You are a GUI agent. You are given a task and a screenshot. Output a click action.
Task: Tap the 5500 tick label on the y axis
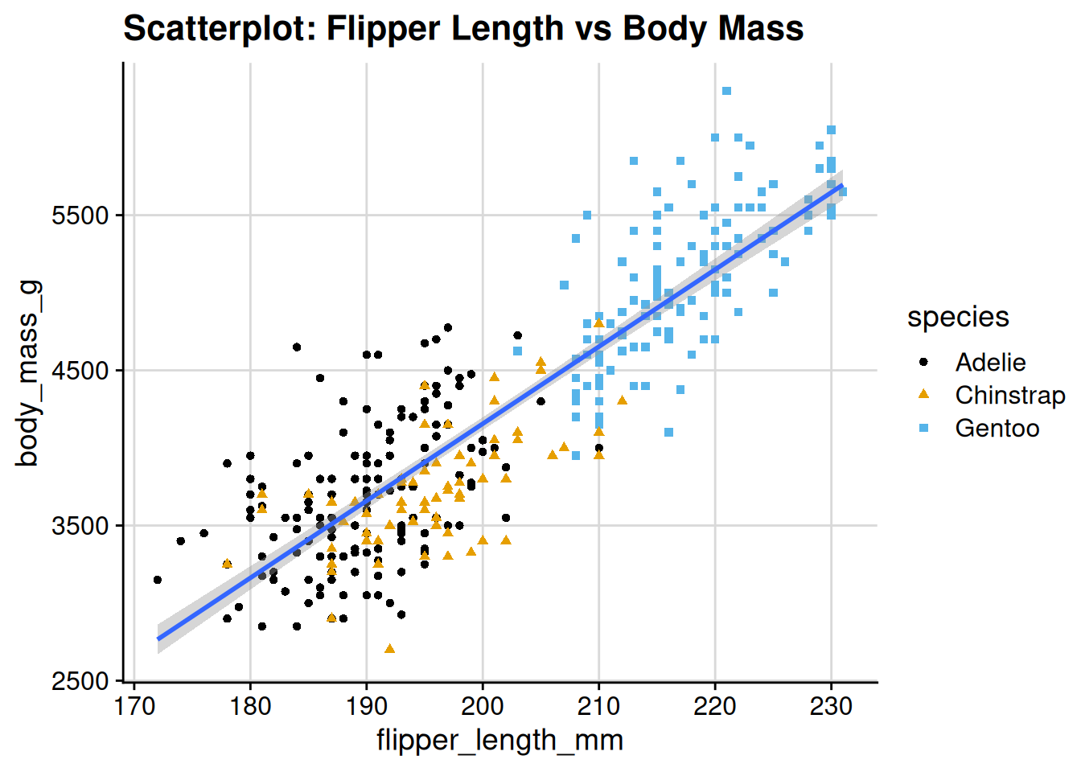[x=80, y=216]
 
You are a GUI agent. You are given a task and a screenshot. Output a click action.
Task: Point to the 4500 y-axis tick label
[x=80, y=372]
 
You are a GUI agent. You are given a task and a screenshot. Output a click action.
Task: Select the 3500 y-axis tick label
[x=80, y=527]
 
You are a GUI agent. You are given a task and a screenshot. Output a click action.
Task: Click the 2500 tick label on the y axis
[x=80, y=682]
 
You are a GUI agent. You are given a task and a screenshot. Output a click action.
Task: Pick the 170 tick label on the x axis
[x=134, y=707]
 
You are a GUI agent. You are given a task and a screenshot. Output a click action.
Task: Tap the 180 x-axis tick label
[x=250, y=707]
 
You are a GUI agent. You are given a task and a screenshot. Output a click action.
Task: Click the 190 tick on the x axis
[x=367, y=707]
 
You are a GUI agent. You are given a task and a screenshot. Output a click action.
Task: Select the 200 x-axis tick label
[x=483, y=707]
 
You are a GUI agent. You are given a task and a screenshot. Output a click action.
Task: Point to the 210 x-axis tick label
[x=598, y=707]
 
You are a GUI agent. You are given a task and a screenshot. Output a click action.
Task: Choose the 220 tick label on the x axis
[x=715, y=707]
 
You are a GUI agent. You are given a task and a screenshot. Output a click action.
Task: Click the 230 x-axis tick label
[x=831, y=707]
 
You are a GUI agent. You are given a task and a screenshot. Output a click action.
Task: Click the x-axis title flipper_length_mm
[x=499, y=740]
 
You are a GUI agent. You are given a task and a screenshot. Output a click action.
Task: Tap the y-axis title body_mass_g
[x=28, y=373]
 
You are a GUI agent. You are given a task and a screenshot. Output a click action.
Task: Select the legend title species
[x=957, y=317]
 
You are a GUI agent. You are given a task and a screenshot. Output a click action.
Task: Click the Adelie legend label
[x=990, y=363]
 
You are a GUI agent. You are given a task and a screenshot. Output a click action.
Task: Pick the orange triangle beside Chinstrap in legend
[x=923, y=394]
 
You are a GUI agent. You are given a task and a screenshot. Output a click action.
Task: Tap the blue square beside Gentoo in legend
[x=923, y=429]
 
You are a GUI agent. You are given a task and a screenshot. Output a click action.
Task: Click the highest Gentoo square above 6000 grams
[x=726, y=91]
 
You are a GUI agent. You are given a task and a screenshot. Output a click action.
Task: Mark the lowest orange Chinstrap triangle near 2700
[x=390, y=648]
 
